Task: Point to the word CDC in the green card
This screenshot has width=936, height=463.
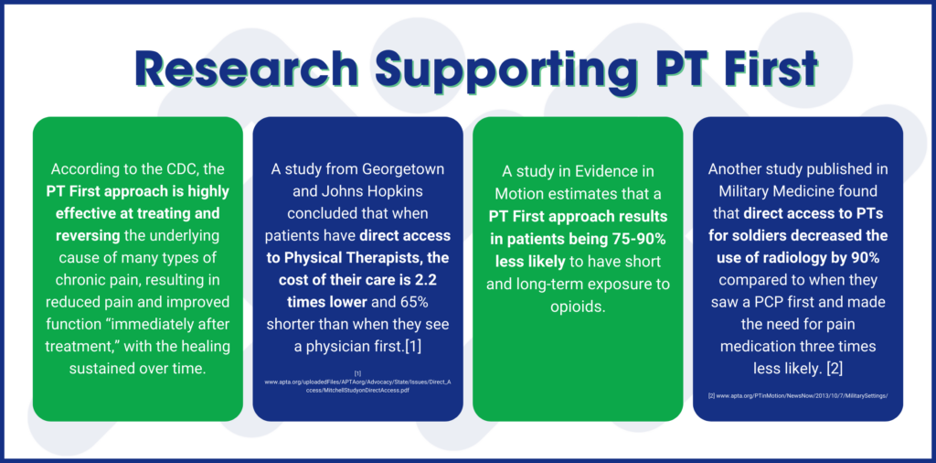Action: point(187,169)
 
